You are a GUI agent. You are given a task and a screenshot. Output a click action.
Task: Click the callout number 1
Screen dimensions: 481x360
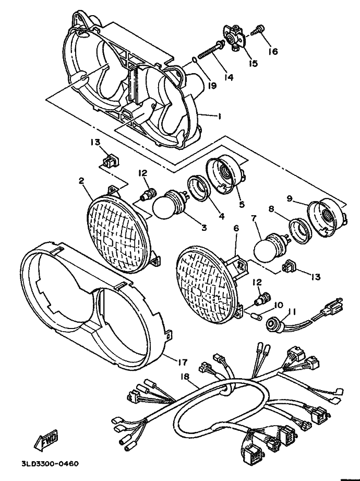(x=220, y=117)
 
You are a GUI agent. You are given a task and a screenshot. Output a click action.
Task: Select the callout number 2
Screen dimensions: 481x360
(x=82, y=181)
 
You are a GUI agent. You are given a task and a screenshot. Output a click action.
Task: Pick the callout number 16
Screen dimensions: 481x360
(x=273, y=51)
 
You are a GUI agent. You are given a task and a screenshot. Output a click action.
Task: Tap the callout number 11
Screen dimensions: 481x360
(x=292, y=312)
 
